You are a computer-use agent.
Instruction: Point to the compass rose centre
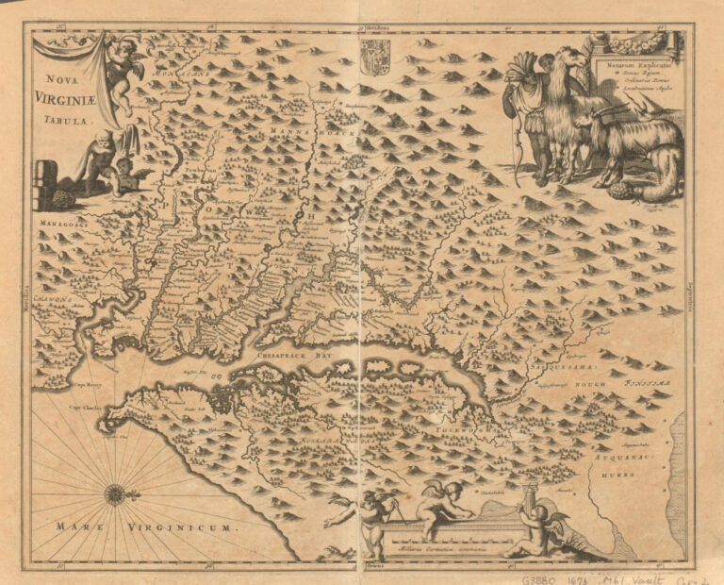coord(115,493)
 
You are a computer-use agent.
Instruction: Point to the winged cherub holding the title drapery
coord(123,64)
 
